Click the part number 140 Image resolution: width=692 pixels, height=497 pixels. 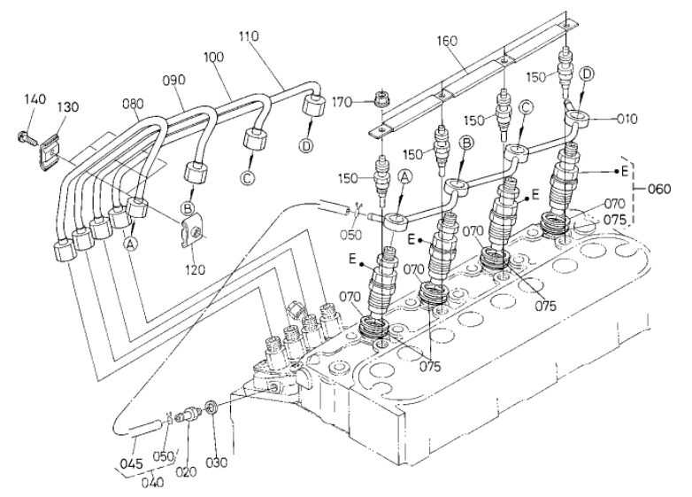(x=35, y=98)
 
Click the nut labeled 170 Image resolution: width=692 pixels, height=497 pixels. (x=380, y=98)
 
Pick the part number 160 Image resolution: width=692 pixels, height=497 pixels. (x=447, y=41)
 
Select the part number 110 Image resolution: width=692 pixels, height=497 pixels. (x=249, y=36)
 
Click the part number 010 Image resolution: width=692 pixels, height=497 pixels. (x=627, y=119)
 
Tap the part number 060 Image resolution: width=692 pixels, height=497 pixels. (x=659, y=189)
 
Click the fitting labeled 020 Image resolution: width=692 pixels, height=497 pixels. (x=189, y=415)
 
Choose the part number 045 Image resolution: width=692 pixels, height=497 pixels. (x=131, y=463)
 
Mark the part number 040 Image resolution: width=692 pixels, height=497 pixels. (x=152, y=481)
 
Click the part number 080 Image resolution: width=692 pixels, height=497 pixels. (x=133, y=104)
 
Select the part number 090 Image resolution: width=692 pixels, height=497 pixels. (x=173, y=80)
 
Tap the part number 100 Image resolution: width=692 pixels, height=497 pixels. (x=214, y=57)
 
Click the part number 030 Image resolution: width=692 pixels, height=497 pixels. (x=216, y=462)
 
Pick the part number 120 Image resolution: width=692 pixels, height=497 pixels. (x=195, y=269)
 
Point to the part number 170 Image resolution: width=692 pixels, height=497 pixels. (x=342, y=103)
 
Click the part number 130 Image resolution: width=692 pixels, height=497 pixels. (x=68, y=107)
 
